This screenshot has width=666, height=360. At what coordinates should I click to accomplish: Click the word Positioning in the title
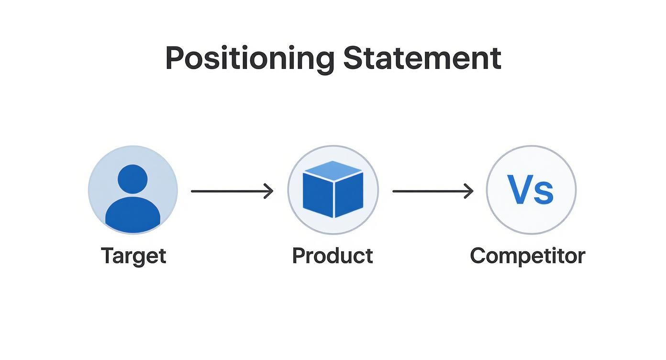point(249,58)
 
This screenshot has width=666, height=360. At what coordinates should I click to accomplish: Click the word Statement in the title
point(422,58)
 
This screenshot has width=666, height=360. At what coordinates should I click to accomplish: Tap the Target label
point(133,256)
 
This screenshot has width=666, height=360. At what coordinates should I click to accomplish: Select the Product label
point(333,256)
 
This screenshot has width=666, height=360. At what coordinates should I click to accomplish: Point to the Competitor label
point(527,256)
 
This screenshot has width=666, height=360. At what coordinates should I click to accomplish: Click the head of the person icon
point(133,179)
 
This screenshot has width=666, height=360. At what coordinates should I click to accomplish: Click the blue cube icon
point(333,190)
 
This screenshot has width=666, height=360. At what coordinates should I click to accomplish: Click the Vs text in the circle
point(530,190)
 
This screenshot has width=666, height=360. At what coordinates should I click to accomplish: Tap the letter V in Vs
point(520,190)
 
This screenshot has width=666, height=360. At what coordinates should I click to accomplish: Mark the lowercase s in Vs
point(544,193)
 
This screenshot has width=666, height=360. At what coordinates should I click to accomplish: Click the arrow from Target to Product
point(232,191)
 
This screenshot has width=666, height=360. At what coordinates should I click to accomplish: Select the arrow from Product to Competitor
point(433,191)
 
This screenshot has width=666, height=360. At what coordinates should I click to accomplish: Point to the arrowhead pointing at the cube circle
point(269,191)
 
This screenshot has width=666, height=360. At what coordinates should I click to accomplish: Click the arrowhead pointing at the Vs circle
point(469,191)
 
